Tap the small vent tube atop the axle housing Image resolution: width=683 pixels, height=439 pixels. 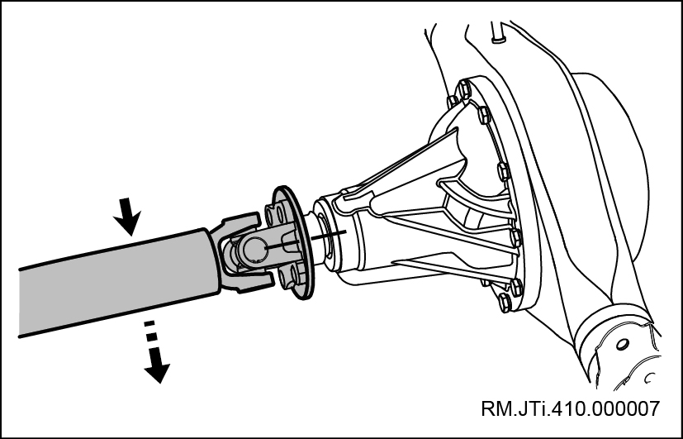click(497, 32)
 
